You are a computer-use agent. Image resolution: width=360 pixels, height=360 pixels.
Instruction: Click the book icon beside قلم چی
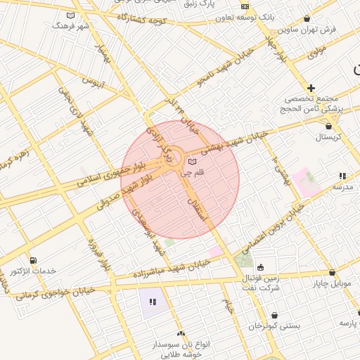(193, 162)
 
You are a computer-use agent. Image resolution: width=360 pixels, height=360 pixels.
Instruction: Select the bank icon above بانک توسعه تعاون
(245, 6)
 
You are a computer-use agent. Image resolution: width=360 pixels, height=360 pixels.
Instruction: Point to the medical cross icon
(311, 87)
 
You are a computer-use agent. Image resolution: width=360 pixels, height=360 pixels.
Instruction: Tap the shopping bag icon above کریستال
(328, 126)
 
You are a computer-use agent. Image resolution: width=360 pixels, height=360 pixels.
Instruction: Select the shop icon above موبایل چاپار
(332, 272)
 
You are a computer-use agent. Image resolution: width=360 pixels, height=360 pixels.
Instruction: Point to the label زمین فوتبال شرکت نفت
(261, 283)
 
